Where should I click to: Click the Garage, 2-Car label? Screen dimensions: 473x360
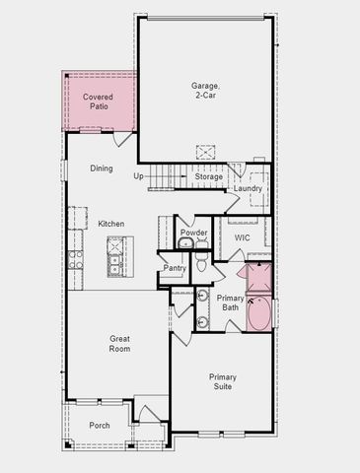pyautogui.click(x=205, y=90)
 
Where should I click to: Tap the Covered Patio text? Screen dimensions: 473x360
pyautogui.click(x=98, y=101)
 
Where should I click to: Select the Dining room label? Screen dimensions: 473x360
pyautogui.click(x=102, y=169)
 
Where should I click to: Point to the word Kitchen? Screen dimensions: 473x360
pyautogui.click(x=111, y=224)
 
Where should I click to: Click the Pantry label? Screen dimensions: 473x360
pyautogui.click(x=175, y=267)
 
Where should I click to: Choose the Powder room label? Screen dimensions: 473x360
pyautogui.click(x=193, y=233)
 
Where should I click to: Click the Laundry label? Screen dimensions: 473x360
pyautogui.click(x=247, y=189)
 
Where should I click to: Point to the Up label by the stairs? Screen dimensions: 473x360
pyautogui.click(x=139, y=175)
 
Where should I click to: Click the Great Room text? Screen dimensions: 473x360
pyautogui.click(x=119, y=343)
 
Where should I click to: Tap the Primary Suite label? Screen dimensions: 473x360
pyautogui.click(x=222, y=381)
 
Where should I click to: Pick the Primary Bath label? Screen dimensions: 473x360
pyautogui.click(x=230, y=303)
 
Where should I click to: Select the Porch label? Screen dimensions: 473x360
pyautogui.click(x=100, y=426)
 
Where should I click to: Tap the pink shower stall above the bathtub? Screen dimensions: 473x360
pyautogui.click(x=259, y=278)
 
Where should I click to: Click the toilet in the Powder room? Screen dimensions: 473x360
pyautogui.click(x=200, y=262)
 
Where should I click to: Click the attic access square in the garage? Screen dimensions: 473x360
pyautogui.click(x=206, y=152)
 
